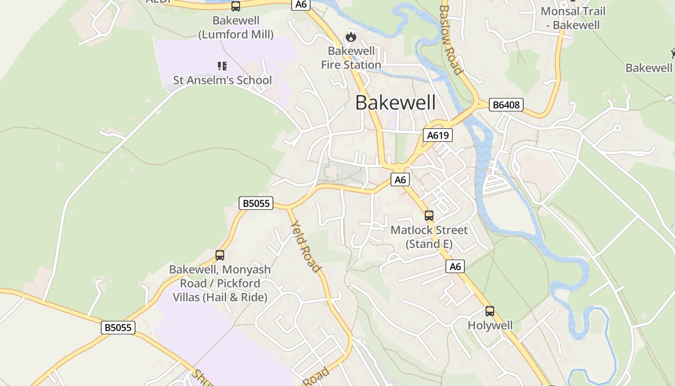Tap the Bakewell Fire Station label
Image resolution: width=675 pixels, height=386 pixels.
coord(351,58)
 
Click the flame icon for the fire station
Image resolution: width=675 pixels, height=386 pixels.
coord(351,36)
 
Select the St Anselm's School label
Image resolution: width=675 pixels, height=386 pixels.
coord(222,80)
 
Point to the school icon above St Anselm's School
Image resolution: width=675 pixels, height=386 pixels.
coord(222,66)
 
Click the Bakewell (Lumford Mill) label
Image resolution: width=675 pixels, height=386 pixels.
coord(236,28)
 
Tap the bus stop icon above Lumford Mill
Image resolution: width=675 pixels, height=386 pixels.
coord(236,6)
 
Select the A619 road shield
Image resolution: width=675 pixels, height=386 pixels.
coord(438,135)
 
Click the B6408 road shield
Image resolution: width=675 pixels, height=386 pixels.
coord(506,105)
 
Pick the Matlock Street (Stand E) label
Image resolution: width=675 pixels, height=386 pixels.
coord(429,237)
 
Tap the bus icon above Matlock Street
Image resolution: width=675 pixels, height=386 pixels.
coord(429,215)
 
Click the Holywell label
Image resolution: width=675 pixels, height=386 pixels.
coord(490,325)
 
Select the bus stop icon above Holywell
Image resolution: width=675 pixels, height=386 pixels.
coord(490,311)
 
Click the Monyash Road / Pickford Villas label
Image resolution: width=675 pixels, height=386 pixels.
coord(219,283)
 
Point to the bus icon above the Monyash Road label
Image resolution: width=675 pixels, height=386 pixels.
coord(220,255)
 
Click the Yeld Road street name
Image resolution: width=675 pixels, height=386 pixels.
coord(306,246)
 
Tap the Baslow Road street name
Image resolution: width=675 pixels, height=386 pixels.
coord(451,40)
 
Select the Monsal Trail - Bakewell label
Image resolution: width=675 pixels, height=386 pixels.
coord(573,18)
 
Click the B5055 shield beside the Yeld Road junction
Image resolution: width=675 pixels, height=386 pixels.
coord(256,203)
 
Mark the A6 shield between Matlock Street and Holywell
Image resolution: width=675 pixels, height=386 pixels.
coord(455,266)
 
